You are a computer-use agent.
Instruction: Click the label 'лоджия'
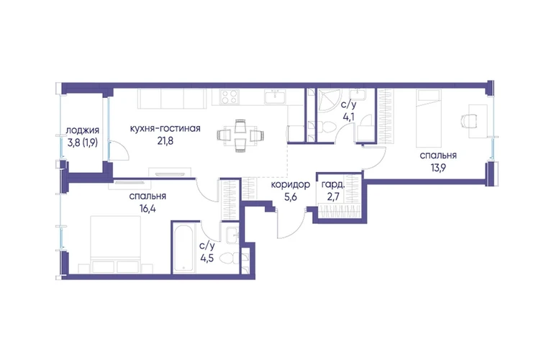pos(82,131)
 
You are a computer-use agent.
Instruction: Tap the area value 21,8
pos(165,141)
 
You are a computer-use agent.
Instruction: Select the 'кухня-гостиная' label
pos(165,128)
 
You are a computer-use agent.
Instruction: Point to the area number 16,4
pos(147,208)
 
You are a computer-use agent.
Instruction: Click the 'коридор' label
pos(291,184)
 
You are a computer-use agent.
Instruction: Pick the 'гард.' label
pos(333,184)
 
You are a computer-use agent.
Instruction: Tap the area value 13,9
pos(437,167)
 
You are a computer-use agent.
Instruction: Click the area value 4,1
pos(349,117)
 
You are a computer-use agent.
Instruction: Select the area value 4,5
pos(207,258)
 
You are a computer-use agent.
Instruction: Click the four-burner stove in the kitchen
pos(229,96)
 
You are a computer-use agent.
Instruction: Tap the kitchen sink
pos(276,96)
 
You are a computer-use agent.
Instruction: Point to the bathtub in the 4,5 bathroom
pos(183,248)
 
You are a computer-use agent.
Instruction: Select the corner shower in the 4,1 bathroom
pos(329,100)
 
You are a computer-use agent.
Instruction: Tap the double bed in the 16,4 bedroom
pos(116,244)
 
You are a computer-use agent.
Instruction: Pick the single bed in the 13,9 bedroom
pos(429,118)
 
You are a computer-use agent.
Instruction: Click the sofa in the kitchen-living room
pos(172,99)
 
